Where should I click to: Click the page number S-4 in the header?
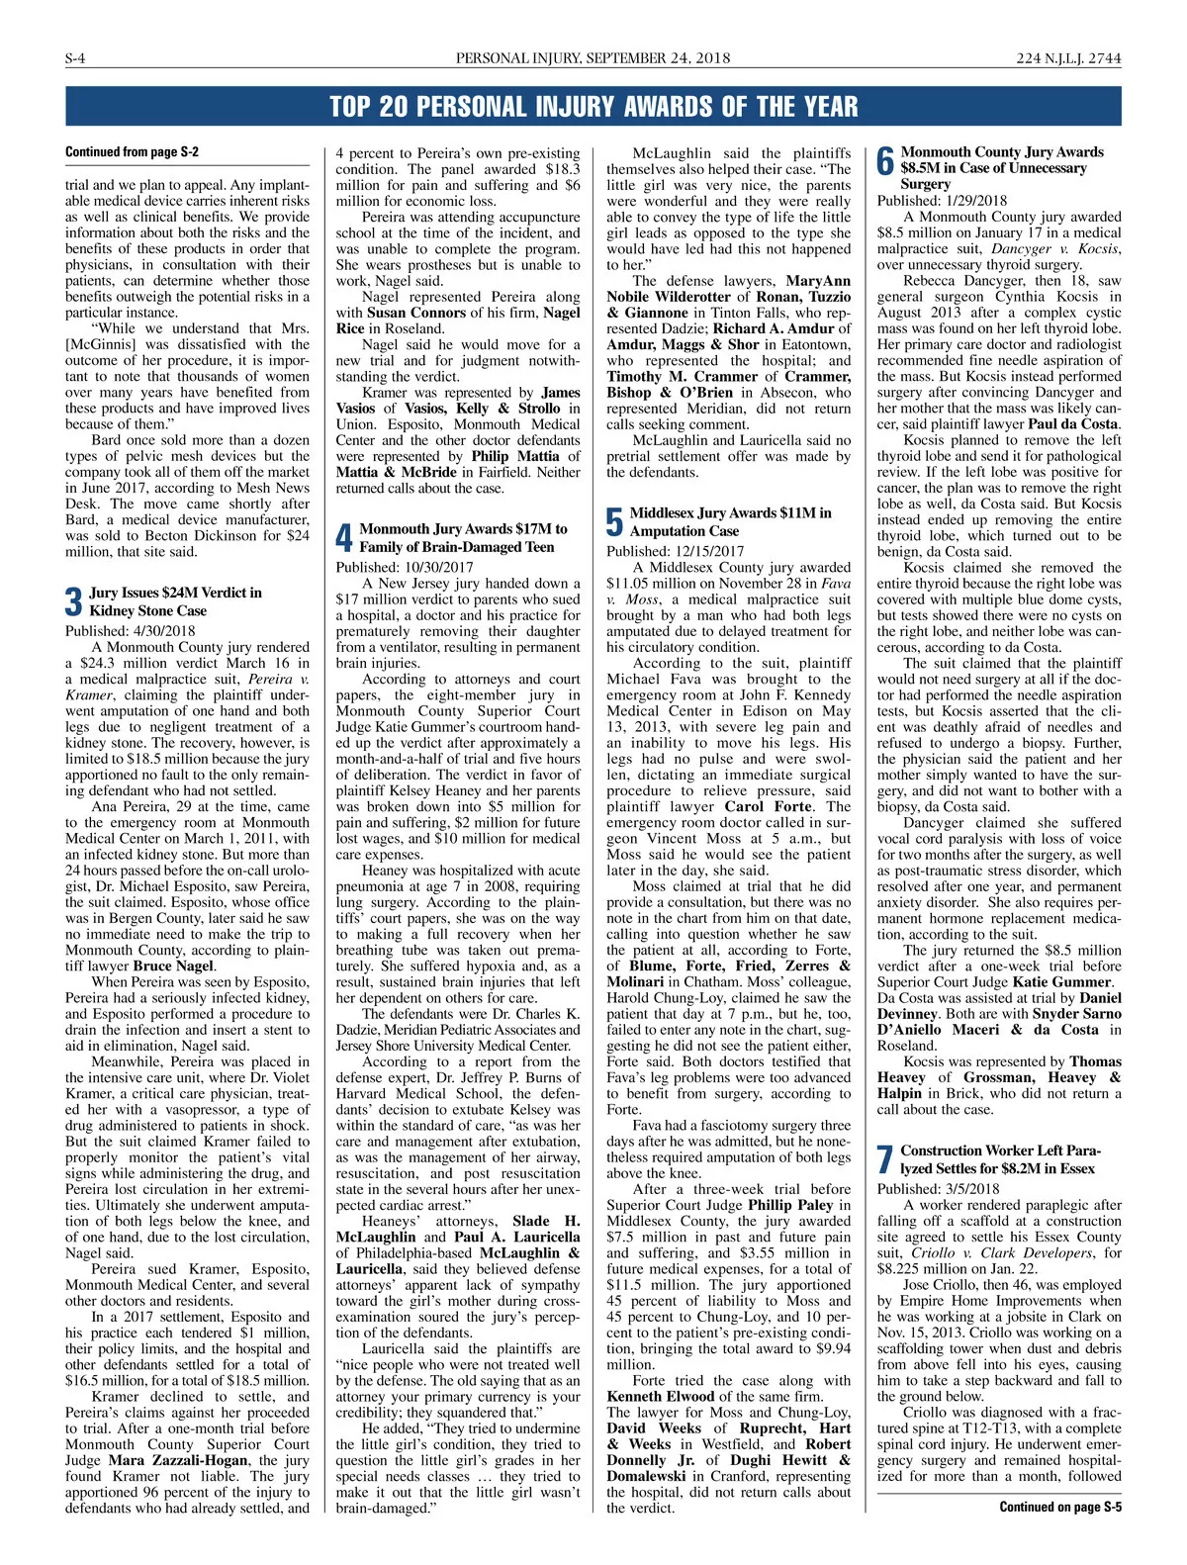[75, 58]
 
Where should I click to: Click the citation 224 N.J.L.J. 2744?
[1068, 58]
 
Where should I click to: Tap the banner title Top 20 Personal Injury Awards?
[593, 107]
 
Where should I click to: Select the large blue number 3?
[73, 601]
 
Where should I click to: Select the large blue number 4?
[343, 538]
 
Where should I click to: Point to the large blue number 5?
[614, 522]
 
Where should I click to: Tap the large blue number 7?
[885, 1160]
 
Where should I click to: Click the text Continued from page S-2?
[132, 152]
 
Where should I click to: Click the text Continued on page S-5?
[1059, 1507]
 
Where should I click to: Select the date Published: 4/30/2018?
[131, 631]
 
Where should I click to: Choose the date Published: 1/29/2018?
[942, 201]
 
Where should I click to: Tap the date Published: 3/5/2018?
[938, 1189]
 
